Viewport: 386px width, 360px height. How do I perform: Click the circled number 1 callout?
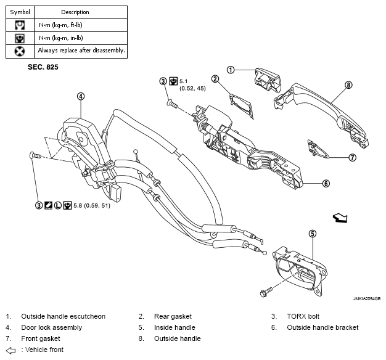tap(231, 70)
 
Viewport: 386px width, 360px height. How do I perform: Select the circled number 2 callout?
tap(215, 79)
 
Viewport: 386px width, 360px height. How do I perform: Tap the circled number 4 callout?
tap(81, 96)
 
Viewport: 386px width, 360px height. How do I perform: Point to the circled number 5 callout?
tap(313, 234)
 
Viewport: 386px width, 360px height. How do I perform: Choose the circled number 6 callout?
tap(326, 183)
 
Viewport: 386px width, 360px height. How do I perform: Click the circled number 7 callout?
tap(353, 157)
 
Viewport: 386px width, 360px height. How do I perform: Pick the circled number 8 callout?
tap(348, 85)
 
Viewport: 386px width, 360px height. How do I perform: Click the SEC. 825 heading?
tap(43, 67)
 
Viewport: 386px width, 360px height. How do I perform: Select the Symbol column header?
tap(20, 12)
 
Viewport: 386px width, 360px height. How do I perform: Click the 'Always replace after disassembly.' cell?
tap(81, 51)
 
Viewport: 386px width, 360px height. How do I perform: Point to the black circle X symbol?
tap(20, 51)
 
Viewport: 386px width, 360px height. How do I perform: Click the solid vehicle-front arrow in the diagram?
tap(340, 218)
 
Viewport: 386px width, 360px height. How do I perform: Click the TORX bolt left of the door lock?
tap(35, 155)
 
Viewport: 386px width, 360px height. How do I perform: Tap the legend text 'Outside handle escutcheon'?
tap(64, 316)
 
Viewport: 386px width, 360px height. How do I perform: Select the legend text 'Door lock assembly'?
tap(52, 327)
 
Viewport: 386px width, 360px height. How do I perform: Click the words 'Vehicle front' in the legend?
tap(44, 350)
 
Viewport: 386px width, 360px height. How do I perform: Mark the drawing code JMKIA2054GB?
tap(367, 299)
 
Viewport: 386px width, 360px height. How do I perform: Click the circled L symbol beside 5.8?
tap(57, 205)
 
